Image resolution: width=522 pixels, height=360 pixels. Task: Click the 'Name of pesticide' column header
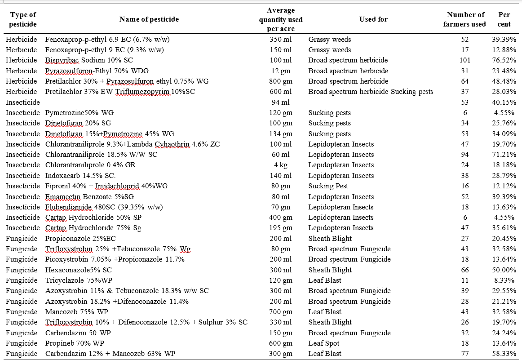(x=149, y=19)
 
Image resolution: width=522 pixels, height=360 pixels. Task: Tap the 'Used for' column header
(x=373, y=19)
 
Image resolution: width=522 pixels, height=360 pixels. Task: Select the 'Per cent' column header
(x=504, y=19)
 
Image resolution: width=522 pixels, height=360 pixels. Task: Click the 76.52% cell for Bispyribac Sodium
(x=504, y=60)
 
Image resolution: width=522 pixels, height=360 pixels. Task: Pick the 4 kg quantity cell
(x=281, y=165)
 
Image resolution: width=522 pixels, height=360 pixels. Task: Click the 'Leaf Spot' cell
(x=323, y=343)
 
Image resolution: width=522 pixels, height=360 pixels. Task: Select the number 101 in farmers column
(x=465, y=60)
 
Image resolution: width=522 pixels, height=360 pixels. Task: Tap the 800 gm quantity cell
(x=281, y=81)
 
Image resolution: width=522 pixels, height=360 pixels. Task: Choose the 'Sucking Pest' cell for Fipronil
(x=328, y=186)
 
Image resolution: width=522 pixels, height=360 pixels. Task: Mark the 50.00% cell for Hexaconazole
(x=504, y=270)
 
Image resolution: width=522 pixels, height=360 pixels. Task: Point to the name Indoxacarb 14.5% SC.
(x=80, y=175)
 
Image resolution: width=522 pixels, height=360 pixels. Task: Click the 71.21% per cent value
(x=504, y=155)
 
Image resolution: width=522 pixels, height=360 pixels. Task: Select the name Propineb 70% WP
(x=75, y=343)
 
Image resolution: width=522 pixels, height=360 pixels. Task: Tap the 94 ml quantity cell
(x=281, y=102)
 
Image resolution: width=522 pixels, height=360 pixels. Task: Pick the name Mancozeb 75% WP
(x=76, y=312)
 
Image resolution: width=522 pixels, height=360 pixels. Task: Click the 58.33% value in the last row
(x=504, y=354)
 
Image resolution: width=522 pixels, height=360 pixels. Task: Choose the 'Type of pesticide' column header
(x=22, y=19)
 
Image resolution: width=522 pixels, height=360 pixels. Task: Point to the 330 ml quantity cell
(x=281, y=322)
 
